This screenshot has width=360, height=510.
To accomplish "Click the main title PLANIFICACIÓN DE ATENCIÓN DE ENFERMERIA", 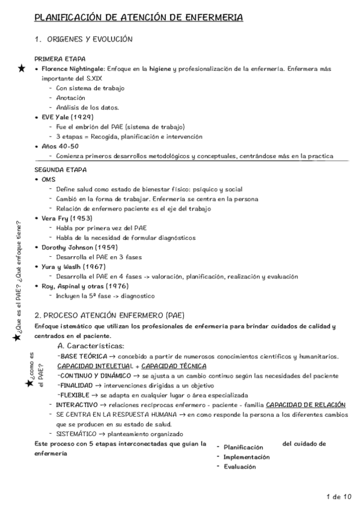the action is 139,19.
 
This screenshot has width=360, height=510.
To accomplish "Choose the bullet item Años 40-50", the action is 60,146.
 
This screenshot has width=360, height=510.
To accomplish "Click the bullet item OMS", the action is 49,179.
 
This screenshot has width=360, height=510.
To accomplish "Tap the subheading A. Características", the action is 90,346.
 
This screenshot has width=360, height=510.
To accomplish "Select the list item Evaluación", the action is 239,465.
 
